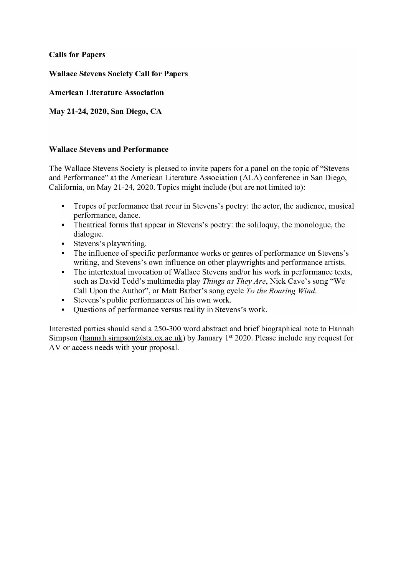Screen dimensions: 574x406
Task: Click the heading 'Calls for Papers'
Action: [x=77, y=55]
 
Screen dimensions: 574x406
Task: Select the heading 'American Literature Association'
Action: [x=106, y=92]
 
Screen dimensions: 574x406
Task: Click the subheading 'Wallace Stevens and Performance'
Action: [x=109, y=149]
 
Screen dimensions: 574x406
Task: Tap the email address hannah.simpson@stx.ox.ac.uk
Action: [x=132, y=338]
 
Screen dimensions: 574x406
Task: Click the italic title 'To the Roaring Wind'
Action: [x=281, y=291]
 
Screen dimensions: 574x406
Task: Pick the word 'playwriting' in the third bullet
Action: [x=126, y=244]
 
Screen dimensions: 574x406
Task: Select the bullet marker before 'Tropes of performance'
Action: [x=62, y=206]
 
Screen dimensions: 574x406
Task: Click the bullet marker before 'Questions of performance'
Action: [x=62, y=309]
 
